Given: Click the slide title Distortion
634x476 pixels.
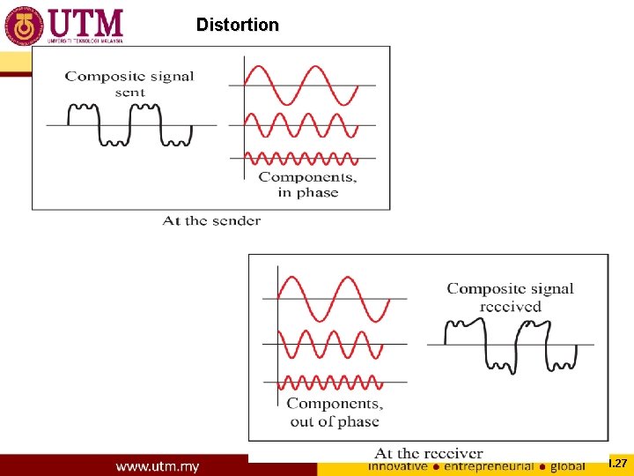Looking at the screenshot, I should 237,25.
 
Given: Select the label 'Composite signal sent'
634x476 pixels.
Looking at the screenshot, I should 129,84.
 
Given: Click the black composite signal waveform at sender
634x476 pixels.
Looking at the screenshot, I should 130,124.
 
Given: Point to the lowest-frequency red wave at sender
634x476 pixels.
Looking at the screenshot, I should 300,86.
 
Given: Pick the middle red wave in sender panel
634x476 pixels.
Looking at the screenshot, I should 300,124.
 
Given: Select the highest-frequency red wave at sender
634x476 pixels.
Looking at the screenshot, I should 300,159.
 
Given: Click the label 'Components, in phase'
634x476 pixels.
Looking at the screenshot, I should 307,184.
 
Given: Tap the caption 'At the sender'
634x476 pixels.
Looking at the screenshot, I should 211,220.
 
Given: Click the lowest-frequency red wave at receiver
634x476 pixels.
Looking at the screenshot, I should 334,299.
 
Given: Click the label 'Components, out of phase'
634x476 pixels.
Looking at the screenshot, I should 335,413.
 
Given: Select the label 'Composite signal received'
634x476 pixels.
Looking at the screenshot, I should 510,297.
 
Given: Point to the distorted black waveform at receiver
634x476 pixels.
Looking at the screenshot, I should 511,345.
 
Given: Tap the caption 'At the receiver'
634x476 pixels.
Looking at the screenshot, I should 429,453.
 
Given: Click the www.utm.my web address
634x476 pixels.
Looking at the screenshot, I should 158,465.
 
